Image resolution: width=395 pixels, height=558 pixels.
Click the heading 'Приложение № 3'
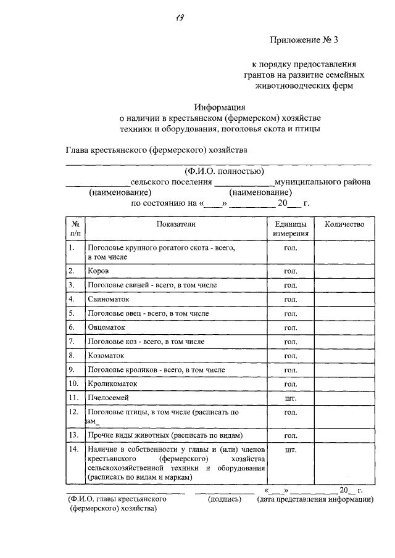304,41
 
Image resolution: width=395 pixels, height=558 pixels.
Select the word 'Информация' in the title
220,106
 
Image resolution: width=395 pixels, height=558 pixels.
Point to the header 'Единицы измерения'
290,229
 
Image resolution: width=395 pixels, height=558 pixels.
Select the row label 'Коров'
99,271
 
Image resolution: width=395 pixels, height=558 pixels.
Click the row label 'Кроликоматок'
112,384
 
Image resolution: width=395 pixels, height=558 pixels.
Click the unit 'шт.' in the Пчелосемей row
290,398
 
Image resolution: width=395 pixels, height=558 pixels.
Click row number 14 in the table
73,449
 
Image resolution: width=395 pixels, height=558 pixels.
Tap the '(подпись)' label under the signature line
225,499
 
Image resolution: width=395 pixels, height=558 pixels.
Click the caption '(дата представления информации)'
315,499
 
